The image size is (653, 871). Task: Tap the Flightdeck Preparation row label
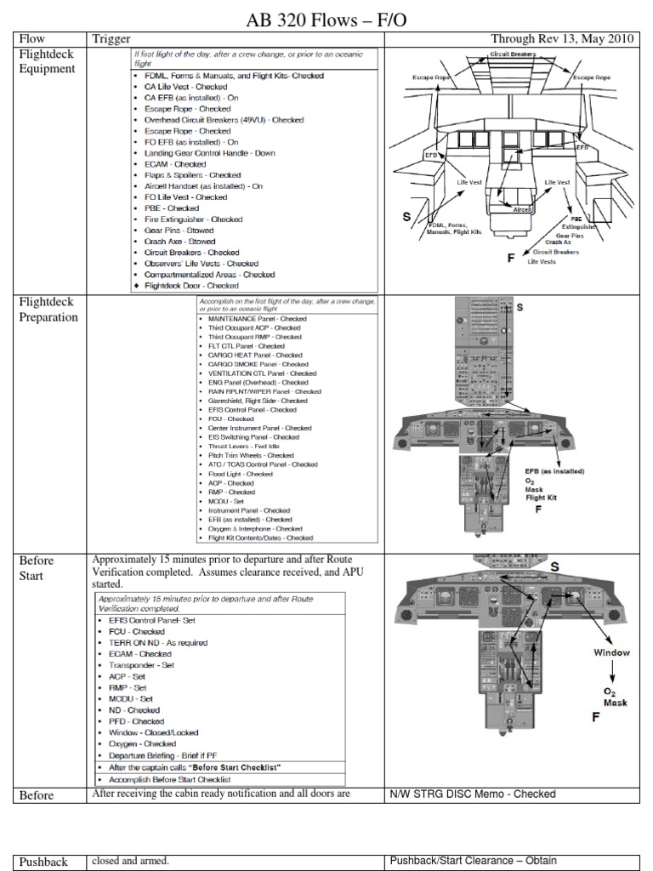coord(48,310)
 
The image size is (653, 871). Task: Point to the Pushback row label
coord(43,862)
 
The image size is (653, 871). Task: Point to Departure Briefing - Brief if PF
coord(174,754)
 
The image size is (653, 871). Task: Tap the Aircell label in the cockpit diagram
coord(521,207)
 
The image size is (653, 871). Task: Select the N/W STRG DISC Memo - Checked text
coord(473,794)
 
